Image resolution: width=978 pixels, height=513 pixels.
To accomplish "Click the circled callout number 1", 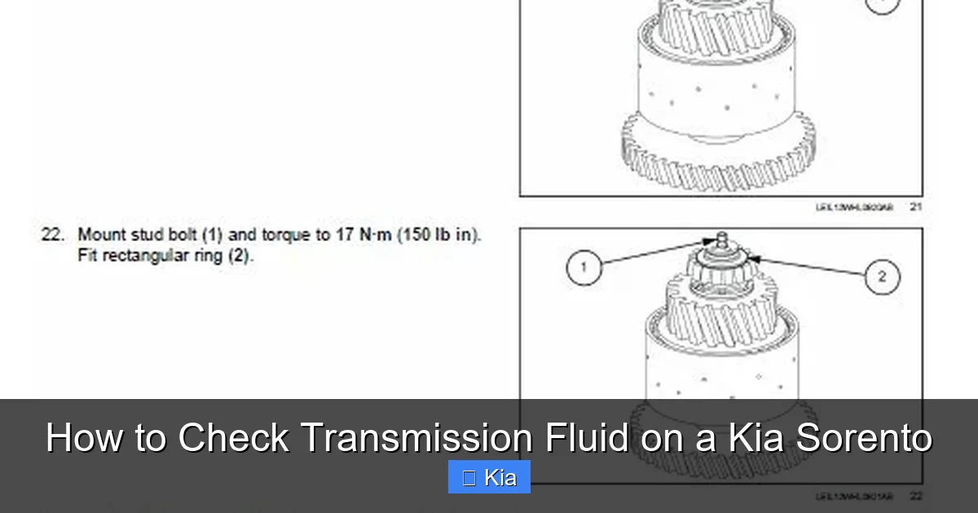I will (584, 266).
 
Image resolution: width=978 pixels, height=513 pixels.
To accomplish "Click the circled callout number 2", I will (882, 276).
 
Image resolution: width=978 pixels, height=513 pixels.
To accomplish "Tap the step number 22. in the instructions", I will (53, 235).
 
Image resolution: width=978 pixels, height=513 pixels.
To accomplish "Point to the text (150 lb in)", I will (440, 235).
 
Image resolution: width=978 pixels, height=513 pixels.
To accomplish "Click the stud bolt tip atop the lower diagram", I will (720, 237).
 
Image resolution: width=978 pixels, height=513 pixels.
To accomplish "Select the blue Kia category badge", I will (489, 477).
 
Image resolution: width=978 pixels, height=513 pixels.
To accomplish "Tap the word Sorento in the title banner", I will (864, 438).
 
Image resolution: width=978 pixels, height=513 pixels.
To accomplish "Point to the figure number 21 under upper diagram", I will (916, 208).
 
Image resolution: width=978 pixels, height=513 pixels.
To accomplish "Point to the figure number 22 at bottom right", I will (916, 496).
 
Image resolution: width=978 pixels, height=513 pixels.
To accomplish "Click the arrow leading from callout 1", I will (652, 252).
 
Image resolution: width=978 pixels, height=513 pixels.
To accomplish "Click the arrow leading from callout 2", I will (807, 267).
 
